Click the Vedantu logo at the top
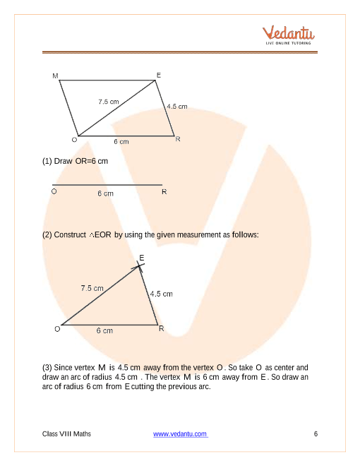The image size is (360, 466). [x=288, y=35]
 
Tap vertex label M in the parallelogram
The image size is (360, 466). [x=55, y=74]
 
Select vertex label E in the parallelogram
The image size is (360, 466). [x=159, y=73]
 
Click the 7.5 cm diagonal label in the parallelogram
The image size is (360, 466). [x=109, y=102]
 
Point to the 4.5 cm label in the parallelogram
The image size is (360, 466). [x=176, y=107]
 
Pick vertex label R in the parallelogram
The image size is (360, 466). [x=178, y=139]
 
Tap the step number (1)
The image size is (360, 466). [x=48, y=162]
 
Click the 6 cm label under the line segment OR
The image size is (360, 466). [x=105, y=193]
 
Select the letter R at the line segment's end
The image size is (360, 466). [x=164, y=192]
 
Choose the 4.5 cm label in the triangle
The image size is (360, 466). [x=161, y=294]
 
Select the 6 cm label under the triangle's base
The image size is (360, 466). [x=104, y=330]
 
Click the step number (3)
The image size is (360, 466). [x=48, y=368]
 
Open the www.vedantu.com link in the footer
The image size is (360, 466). [x=181, y=434]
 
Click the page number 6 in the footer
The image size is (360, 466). [x=316, y=434]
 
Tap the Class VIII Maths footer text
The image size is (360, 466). [x=67, y=434]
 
